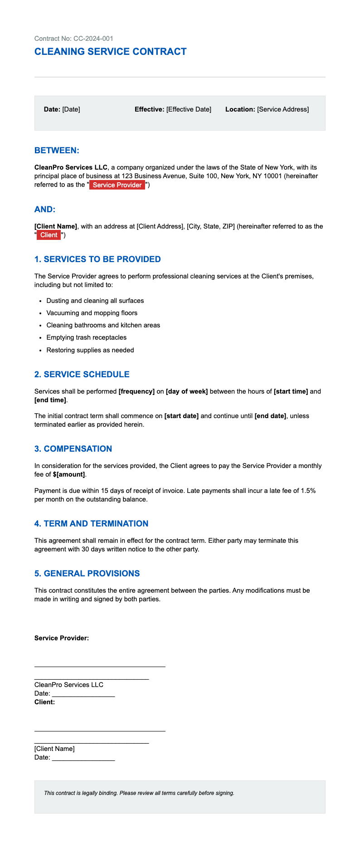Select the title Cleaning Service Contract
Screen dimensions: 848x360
(x=110, y=52)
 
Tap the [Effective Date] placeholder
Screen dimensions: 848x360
(x=189, y=109)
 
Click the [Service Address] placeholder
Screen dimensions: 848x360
(x=283, y=109)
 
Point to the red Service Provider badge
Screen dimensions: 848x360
(x=117, y=185)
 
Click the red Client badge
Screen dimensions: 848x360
(x=49, y=235)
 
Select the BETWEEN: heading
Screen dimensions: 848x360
(x=57, y=151)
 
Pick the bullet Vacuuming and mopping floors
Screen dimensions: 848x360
(x=92, y=313)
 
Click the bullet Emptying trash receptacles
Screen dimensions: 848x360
(x=86, y=337)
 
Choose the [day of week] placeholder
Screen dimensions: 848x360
(x=187, y=391)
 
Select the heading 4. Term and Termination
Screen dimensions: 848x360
(x=91, y=524)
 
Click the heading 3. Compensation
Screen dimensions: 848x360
(x=73, y=449)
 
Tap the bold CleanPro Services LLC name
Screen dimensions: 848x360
(x=71, y=168)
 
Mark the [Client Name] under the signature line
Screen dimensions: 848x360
(x=54, y=749)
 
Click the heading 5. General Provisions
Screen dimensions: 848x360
(x=87, y=574)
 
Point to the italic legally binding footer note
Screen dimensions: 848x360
(x=139, y=793)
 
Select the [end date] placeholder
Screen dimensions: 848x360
(x=270, y=416)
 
